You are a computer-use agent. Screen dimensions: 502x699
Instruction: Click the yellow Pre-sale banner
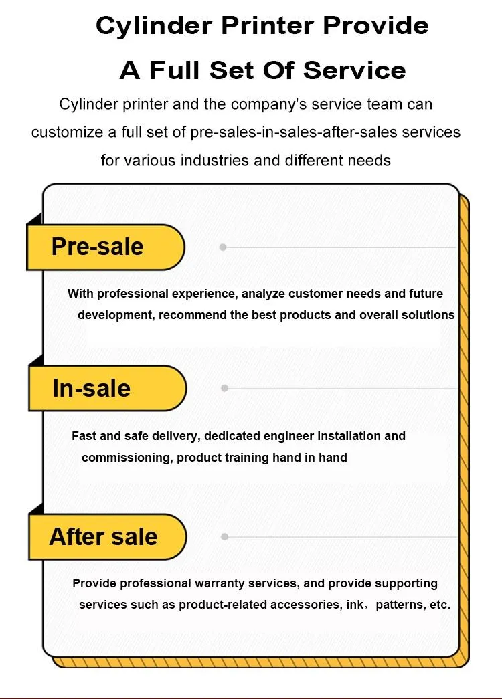[x=106, y=247]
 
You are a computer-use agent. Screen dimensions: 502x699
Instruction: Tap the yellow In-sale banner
[x=107, y=388]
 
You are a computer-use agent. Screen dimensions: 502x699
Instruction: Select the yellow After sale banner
[x=107, y=536]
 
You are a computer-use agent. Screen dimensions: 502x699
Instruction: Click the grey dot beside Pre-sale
[x=223, y=247]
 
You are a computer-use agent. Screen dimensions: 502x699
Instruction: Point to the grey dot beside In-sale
[x=224, y=388]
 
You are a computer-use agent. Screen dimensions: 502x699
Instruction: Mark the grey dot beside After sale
[x=224, y=536]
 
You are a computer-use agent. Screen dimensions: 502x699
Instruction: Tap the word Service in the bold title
[x=355, y=70]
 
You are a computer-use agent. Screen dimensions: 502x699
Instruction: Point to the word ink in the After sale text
[x=354, y=605]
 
